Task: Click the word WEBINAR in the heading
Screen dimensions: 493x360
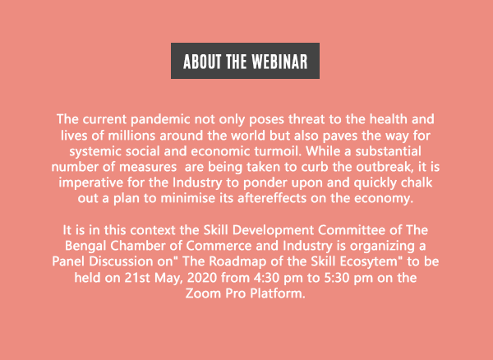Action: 279,62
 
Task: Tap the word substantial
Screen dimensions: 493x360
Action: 388,151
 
